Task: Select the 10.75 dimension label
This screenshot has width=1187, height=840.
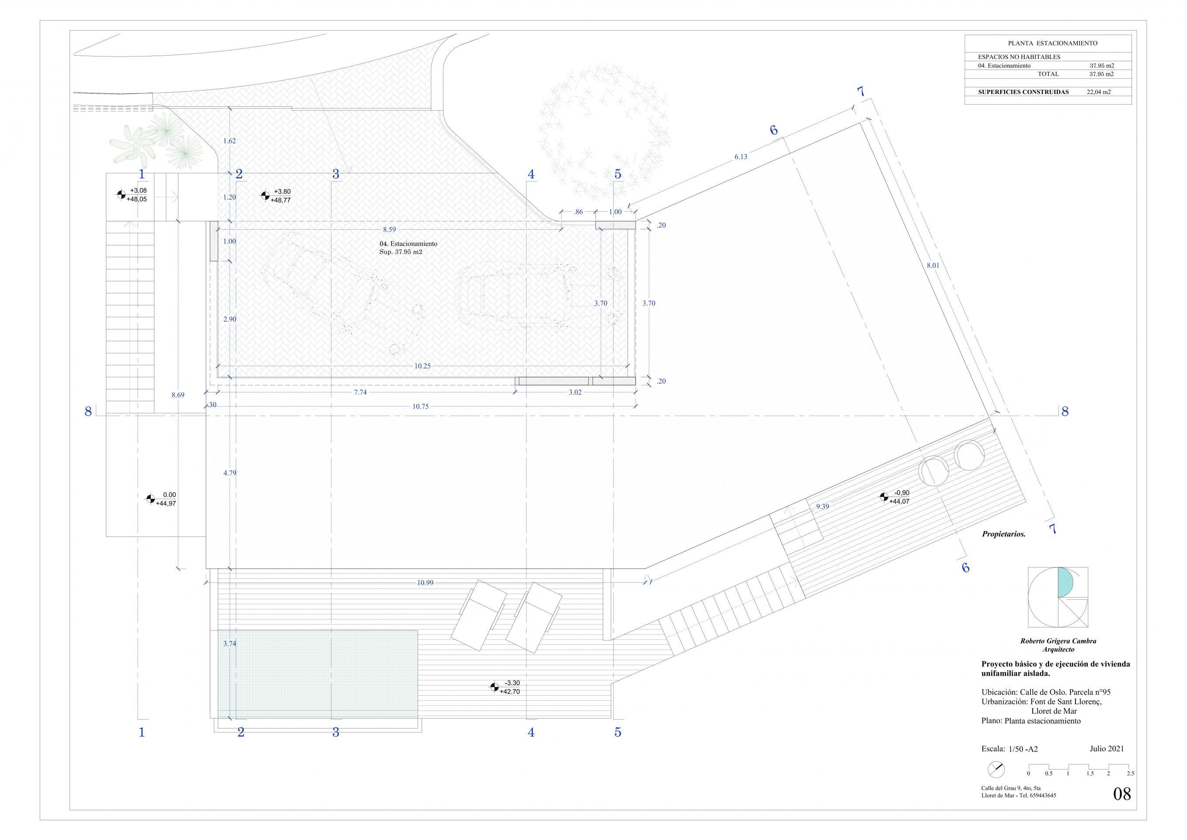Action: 420,406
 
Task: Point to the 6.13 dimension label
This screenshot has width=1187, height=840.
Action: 740,157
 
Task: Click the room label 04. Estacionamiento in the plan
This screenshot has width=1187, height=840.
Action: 408,244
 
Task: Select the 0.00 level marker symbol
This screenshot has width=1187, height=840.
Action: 150,499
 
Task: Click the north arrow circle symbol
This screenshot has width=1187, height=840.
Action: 996,784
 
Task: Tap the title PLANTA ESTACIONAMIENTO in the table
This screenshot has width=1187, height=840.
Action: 1048,43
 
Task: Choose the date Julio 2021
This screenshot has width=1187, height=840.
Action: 1107,749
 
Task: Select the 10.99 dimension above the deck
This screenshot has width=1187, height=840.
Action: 425,583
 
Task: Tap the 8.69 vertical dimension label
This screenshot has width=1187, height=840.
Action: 177,395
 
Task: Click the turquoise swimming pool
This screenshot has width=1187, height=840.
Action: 318,674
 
